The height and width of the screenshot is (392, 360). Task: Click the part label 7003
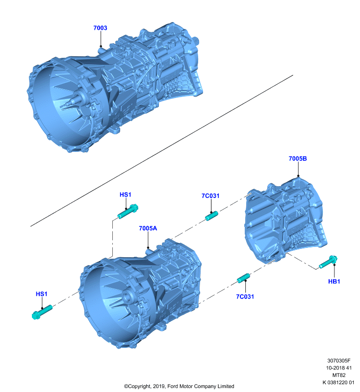[x=100, y=28]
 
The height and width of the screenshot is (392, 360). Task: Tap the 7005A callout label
[x=148, y=228]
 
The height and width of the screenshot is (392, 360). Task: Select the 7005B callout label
[x=298, y=158]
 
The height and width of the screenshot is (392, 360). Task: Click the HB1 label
[x=334, y=281]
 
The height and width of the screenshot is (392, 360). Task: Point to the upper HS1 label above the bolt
[x=126, y=195]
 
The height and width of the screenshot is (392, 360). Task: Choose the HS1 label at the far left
[x=42, y=294]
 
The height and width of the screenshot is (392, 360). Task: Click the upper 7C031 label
[x=210, y=196]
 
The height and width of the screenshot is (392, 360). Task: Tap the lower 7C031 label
[x=245, y=296]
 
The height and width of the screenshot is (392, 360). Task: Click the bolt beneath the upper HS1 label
[x=128, y=212]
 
